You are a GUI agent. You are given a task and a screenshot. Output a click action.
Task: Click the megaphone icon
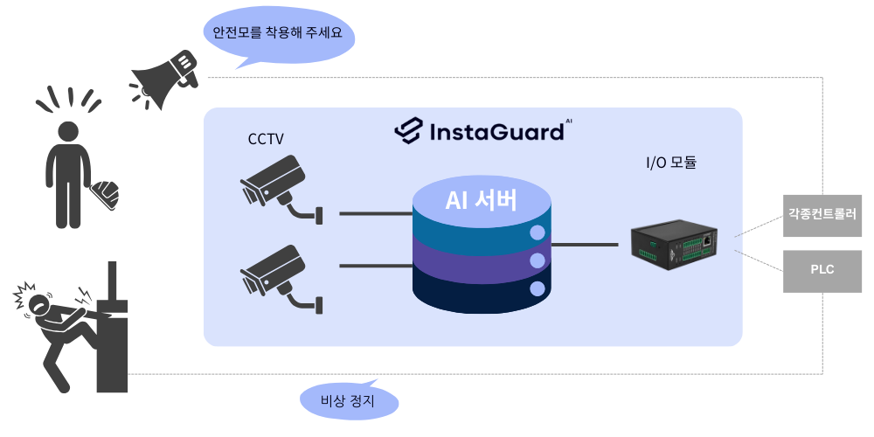(166, 79)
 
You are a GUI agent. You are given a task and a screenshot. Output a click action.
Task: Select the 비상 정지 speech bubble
(349, 403)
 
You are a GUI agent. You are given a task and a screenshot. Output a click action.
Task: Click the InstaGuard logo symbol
(407, 131)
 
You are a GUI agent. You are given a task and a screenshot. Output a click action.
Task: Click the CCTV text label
(266, 139)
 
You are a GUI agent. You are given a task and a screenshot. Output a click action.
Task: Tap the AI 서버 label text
(482, 200)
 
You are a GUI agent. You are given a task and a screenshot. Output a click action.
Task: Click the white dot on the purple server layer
(538, 261)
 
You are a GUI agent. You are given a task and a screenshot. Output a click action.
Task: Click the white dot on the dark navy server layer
(538, 288)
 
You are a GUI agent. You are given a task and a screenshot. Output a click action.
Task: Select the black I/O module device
(674, 242)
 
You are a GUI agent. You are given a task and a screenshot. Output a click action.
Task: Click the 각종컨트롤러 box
(822, 213)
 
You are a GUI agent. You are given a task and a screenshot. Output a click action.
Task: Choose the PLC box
(822, 269)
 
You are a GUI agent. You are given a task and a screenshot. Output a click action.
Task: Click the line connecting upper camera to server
(375, 212)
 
